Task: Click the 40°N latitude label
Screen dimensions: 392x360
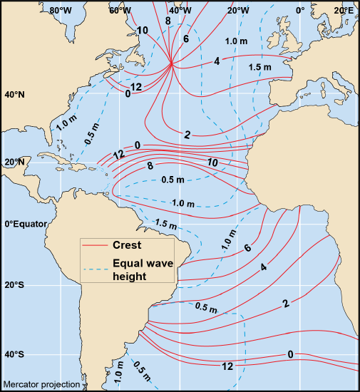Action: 14,95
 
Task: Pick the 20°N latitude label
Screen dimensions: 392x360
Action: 14,162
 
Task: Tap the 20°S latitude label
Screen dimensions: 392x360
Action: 14,285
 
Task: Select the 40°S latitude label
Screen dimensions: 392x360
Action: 14,354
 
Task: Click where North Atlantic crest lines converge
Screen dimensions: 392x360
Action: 172,64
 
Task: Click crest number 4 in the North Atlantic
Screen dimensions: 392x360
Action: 216,61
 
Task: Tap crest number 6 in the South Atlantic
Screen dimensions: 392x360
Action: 247,248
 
